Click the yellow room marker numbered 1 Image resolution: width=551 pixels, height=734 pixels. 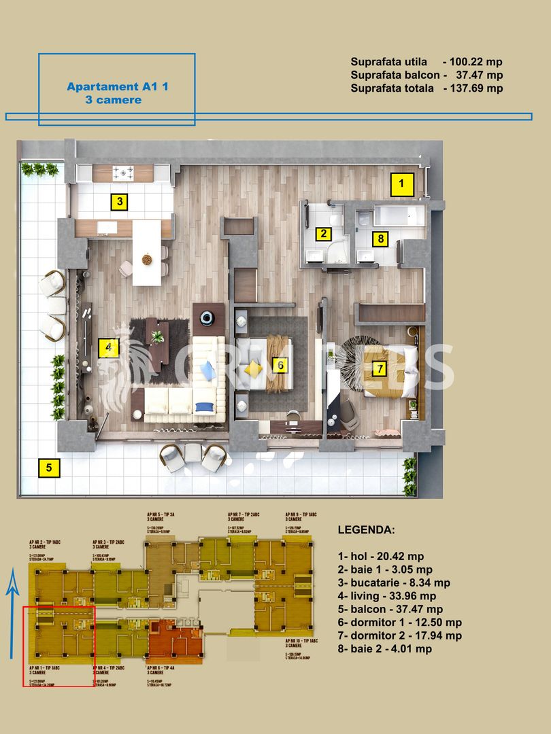coord(401,183)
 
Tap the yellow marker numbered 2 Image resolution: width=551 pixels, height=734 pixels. coord(324,234)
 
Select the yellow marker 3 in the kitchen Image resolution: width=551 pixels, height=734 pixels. coord(120,201)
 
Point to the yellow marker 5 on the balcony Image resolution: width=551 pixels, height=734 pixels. coord(48,468)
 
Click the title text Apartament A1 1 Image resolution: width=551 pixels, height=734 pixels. coord(108,86)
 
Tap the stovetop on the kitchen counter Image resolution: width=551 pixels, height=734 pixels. coord(124,173)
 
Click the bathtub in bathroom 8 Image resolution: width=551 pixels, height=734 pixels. coord(398,217)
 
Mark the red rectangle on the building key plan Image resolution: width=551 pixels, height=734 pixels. coord(59,646)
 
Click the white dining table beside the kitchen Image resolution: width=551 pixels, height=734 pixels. coord(146,252)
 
